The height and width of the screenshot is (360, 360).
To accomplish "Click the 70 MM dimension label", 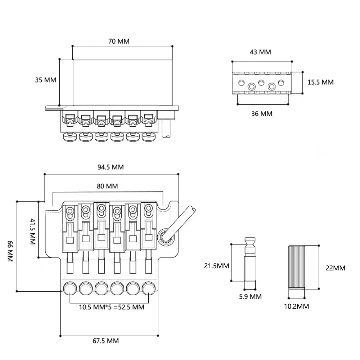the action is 119,41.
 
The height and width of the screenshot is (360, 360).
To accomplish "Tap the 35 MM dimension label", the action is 45,80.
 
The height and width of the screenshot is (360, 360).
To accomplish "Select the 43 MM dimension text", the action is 260,52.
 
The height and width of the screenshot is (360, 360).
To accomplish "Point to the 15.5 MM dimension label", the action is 320,82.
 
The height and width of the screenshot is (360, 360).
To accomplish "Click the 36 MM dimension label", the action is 262,114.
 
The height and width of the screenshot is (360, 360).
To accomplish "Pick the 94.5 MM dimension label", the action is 111,167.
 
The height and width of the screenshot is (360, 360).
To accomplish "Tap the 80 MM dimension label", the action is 107,186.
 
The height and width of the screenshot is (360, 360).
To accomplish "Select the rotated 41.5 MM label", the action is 33,231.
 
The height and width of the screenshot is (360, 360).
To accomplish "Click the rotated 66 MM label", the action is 10,251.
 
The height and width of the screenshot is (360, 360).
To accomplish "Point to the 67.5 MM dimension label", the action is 105,341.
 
